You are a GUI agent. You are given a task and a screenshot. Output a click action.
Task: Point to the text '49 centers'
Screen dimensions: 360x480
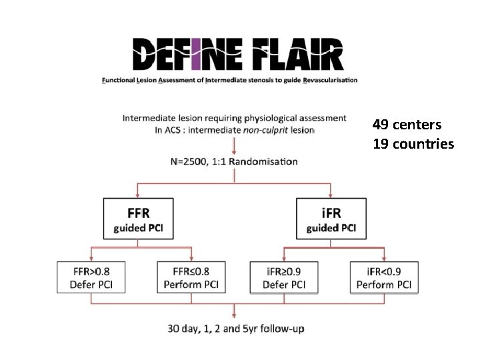(x=407, y=125)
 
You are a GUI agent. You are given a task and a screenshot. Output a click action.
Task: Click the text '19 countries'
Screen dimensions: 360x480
(x=413, y=143)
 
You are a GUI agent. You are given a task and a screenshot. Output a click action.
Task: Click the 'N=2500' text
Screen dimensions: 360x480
(x=191, y=161)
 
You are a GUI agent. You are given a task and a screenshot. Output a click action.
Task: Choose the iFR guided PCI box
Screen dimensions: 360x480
(x=331, y=219)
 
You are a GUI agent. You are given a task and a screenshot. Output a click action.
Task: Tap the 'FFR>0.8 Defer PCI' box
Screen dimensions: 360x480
(x=91, y=277)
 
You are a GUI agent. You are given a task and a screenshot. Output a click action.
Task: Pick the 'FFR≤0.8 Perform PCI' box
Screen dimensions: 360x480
(x=191, y=277)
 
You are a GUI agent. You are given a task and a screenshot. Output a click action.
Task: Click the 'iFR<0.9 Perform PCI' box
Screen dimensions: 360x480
(x=384, y=277)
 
